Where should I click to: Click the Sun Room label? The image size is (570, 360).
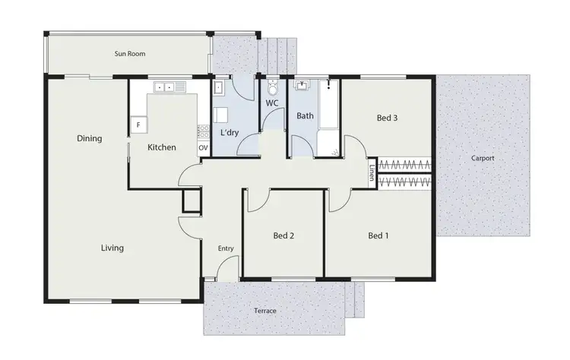130,54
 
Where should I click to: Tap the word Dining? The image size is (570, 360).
90,139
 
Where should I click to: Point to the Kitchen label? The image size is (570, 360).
162,147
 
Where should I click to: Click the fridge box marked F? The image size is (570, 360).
138,124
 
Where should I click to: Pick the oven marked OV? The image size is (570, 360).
203,147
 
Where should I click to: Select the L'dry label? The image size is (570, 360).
230,133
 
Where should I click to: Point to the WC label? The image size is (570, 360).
273,103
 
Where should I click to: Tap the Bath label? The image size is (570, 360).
305,117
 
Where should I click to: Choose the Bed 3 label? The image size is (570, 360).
388,118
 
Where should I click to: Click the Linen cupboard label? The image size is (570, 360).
372,172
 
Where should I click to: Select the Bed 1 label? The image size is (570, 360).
378,235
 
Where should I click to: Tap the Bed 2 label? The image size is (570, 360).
283,235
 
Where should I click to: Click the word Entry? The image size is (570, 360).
226,248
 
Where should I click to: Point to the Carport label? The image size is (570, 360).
483,159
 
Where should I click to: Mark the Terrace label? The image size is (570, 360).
265,311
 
